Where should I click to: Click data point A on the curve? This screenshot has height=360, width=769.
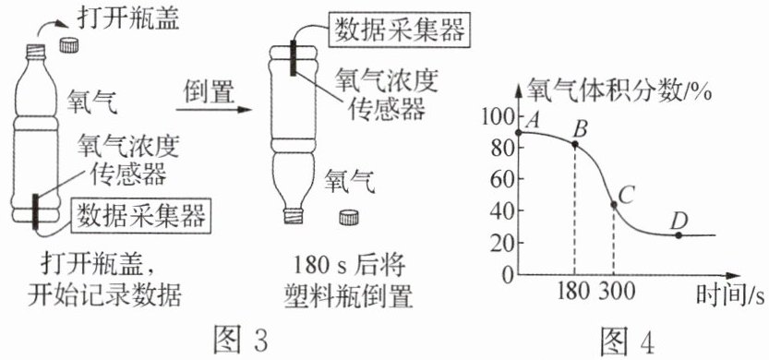[x=519, y=132]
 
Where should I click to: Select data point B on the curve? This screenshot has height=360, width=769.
[x=575, y=144]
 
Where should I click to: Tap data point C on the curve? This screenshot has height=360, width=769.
[x=614, y=204]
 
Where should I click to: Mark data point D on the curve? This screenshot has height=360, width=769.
[x=679, y=235]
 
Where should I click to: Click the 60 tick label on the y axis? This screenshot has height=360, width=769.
[x=500, y=179]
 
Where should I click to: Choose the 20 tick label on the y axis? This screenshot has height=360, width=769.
[x=500, y=243]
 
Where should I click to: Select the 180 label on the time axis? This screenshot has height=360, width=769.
[x=574, y=292]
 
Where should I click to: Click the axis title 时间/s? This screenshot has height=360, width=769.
[x=731, y=296]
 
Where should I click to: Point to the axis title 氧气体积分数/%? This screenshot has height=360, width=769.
[x=619, y=91]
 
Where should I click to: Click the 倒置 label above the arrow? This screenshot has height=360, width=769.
[x=209, y=91]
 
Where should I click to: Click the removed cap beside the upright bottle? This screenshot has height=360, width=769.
[x=69, y=44]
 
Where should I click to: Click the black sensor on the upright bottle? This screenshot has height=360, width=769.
[x=35, y=212]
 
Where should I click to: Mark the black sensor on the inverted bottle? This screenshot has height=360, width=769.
[x=294, y=58]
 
